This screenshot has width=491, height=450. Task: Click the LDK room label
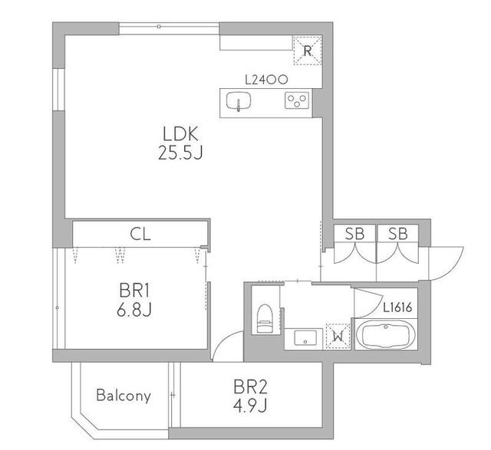[181, 133]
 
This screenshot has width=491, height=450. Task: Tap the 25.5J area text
[181, 153]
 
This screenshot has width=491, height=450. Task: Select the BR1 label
[134, 291]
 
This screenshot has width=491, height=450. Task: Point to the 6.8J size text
[134, 310]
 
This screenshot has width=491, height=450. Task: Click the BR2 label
[250, 387]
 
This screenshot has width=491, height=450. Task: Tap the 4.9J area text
[250, 406]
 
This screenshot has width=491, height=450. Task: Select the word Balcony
[124, 396]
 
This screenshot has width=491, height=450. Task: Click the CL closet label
[140, 234]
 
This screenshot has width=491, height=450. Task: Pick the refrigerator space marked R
[308, 51]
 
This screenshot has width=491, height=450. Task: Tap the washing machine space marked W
[338, 336]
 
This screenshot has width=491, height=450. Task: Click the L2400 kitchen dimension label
[266, 80]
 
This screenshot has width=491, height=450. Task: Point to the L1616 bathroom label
[397, 308]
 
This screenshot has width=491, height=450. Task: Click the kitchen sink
[239, 100]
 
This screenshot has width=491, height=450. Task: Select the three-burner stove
[297, 100]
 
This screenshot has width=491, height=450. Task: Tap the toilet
[265, 318]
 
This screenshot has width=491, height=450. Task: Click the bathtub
[386, 334]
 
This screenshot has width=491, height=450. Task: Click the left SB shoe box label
[354, 234]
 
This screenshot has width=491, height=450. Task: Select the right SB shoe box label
[398, 234]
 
